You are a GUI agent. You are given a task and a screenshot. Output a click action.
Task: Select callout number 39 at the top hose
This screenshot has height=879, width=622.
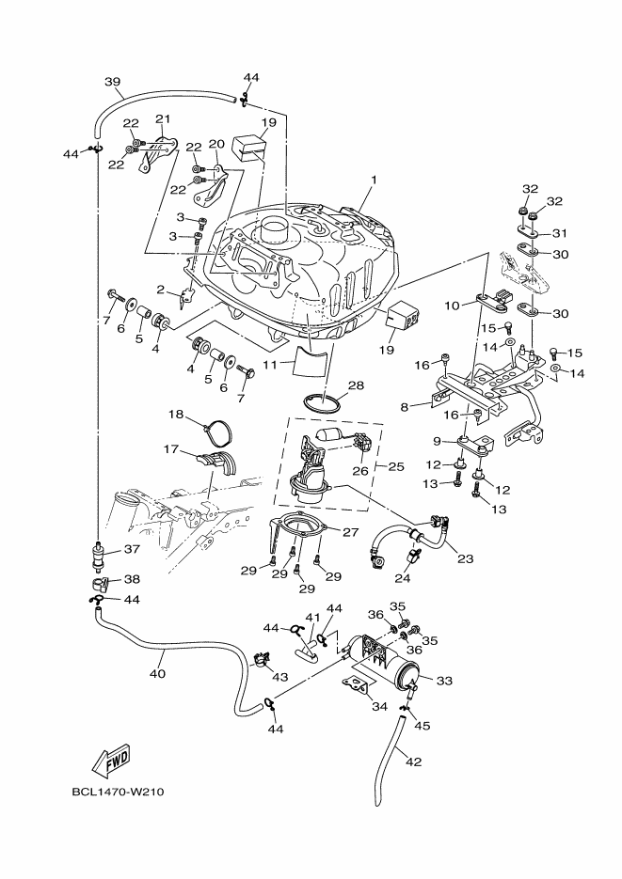pyautogui.click(x=113, y=83)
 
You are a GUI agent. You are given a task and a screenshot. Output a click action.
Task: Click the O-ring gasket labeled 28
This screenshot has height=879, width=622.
pyautogui.click(x=322, y=404)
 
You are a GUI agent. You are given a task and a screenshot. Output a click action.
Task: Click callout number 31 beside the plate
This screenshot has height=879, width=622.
pyautogui.click(x=559, y=234)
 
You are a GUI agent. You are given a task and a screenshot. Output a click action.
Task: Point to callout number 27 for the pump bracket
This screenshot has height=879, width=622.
pyautogui.click(x=350, y=532)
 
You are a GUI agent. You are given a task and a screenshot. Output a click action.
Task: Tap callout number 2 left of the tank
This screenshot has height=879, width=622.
pyautogui.click(x=161, y=290)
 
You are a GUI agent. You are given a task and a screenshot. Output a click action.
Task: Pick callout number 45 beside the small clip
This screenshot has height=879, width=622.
pyautogui.click(x=423, y=725)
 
